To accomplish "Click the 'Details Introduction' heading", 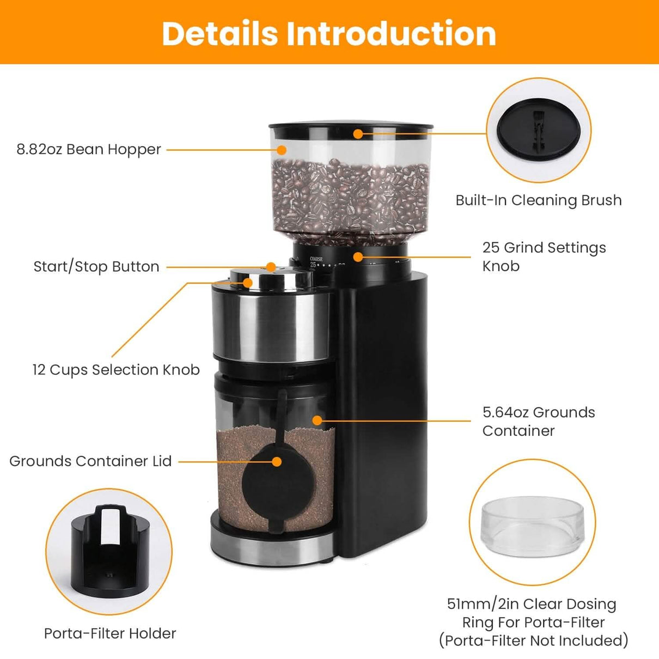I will (x=329, y=33).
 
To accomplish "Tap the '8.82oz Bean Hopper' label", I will (x=89, y=149).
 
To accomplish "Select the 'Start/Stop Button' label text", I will (x=96, y=266).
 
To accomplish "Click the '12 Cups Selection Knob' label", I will (x=116, y=370).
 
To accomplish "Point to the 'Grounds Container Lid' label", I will (x=90, y=461).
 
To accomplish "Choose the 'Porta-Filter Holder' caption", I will (x=110, y=633).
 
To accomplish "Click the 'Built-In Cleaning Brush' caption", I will (x=538, y=200).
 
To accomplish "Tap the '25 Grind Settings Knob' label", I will (x=544, y=257).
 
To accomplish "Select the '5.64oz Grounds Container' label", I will (x=538, y=422).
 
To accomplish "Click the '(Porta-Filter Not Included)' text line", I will (x=533, y=640).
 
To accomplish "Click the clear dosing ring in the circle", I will (x=532, y=526).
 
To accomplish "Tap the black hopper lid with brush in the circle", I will (x=538, y=130).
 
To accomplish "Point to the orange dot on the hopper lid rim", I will (x=357, y=133).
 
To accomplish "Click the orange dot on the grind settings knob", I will (x=357, y=257).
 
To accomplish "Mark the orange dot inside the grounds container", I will (x=317, y=420).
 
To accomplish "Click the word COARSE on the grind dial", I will (x=316, y=259).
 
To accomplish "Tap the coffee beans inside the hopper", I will (x=349, y=196).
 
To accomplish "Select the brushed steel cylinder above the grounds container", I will (x=271, y=326).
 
